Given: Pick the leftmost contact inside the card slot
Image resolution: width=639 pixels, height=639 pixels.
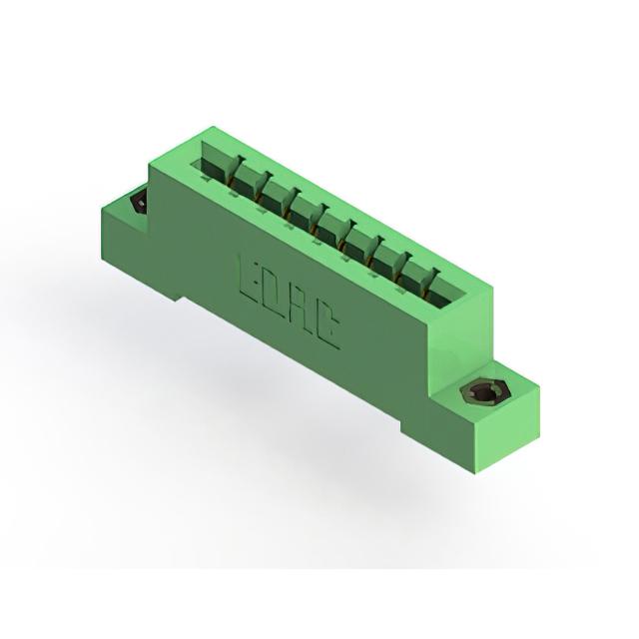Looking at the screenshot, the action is [x=236, y=172].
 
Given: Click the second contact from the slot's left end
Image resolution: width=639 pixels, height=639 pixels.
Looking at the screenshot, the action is [x=263, y=188].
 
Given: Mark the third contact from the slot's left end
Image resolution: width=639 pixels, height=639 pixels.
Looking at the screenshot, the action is [x=291, y=204].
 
